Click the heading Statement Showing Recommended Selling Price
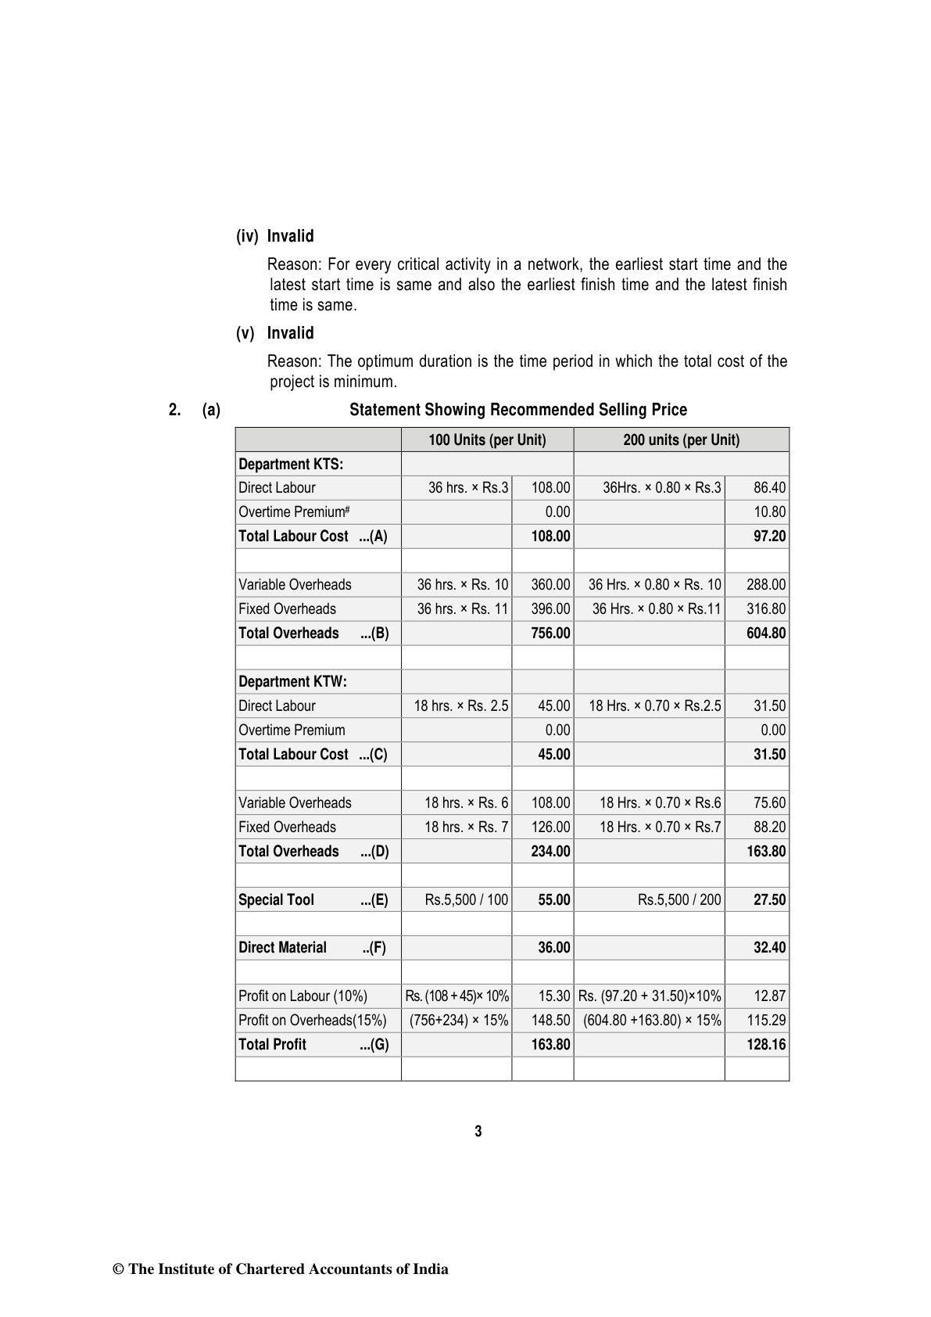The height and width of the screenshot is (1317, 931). pyautogui.click(x=517, y=410)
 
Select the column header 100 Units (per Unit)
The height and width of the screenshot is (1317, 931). pyautogui.click(x=487, y=440)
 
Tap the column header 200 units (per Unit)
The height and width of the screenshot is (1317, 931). pyautogui.click(x=681, y=440)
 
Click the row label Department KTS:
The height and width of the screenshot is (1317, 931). pyautogui.click(x=291, y=464)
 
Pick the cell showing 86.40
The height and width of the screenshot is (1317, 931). pyautogui.click(x=769, y=488)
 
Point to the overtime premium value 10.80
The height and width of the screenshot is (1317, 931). pyautogui.click(x=769, y=512)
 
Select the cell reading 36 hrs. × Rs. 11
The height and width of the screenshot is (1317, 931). pyautogui.click(x=462, y=608)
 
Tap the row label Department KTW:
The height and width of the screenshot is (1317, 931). pyautogui.click(x=292, y=681)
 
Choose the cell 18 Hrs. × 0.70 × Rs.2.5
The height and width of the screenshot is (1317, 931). pyautogui.click(x=654, y=705)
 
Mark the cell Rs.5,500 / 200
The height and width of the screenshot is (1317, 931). pyautogui.click(x=679, y=899)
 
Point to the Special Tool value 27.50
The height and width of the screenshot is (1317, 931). pyautogui.click(x=769, y=899)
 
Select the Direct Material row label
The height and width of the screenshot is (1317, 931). pyautogui.click(x=282, y=948)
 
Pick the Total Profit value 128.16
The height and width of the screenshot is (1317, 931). pyautogui.click(x=766, y=1044)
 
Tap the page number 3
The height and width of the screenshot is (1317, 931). pyautogui.click(x=478, y=1131)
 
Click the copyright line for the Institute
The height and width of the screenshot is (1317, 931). pyautogui.click(x=281, y=1269)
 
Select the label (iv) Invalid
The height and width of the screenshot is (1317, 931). pyautogui.click(x=275, y=236)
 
